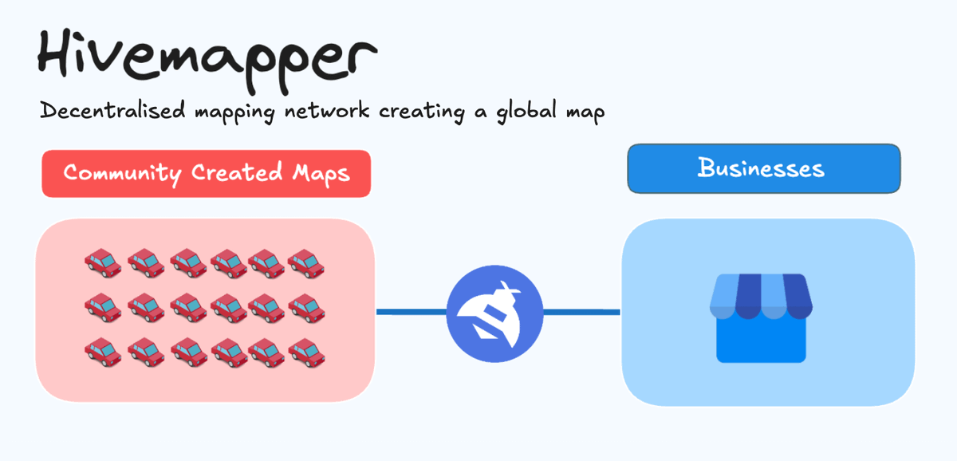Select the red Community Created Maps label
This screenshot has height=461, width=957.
pyautogui.click(x=206, y=173)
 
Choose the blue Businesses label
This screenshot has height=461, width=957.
pyautogui.click(x=763, y=168)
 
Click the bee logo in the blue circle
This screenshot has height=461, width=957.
pyautogui.click(x=494, y=310)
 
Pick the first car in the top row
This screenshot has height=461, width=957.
pyautogui.click(x=103, y=262)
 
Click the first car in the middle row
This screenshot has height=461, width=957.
pyautogui.click(x=103, y=307)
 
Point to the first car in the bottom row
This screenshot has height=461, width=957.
pyautogui.click(x=103, y=352)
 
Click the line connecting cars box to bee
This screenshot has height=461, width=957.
pyautogui.click(x=411, y=311)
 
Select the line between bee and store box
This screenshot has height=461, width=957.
pyautogui.click(x=581, y=311)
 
